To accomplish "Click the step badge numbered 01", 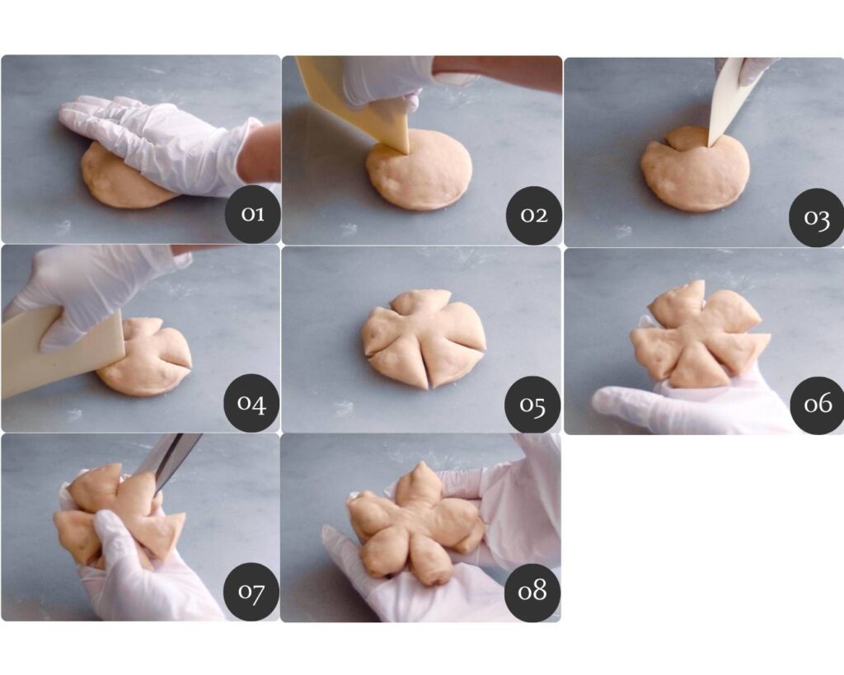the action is [252, 213].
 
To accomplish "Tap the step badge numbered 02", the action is [534, 214].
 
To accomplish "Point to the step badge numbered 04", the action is [252, 403].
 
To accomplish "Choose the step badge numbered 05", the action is [533, 404].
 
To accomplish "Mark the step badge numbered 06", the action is [818, 405].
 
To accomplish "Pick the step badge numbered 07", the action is [251, 592].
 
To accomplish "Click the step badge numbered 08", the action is [532, 592].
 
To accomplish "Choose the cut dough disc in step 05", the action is [424, 338].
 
